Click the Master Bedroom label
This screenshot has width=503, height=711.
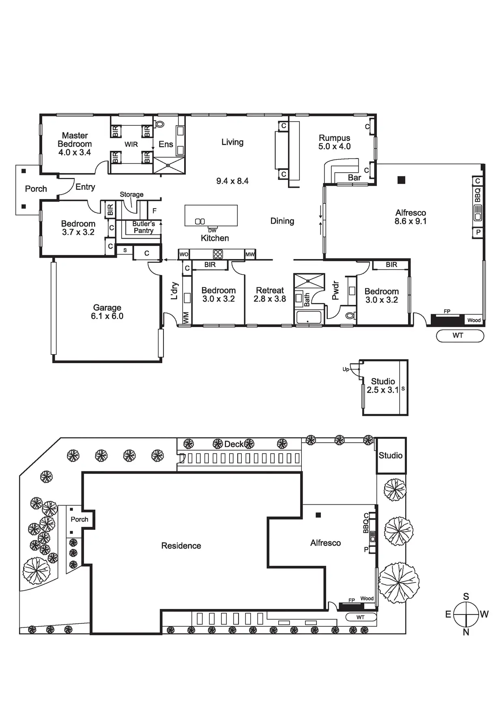pos(75,144)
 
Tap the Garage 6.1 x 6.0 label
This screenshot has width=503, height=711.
pos(107,312)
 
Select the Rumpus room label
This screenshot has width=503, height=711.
pos(334,142)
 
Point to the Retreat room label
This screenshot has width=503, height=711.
pos(270,295)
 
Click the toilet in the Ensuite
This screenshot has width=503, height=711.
pos(159,124)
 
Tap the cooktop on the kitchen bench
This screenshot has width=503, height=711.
pos(218,254)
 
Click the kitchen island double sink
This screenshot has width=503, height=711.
pos(200,221)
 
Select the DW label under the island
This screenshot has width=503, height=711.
pos(213,230)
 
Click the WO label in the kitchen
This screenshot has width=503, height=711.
pos(184,255)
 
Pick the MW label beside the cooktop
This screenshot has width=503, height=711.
pos(250,255)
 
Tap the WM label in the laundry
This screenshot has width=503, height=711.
pos(186,318)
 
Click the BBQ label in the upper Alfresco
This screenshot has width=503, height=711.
pos(477,195)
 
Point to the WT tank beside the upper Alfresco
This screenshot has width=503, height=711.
pos(460,336)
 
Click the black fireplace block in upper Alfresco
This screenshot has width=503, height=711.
pos(447,320)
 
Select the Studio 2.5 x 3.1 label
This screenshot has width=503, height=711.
pos(383,385)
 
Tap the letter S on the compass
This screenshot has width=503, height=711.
pos(466,596)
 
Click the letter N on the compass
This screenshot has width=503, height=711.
pos(466,632)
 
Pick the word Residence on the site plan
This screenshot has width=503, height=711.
pos(181,546)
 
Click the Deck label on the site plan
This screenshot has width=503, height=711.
pos(234,444)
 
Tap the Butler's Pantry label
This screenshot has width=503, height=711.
pos(144,227)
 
